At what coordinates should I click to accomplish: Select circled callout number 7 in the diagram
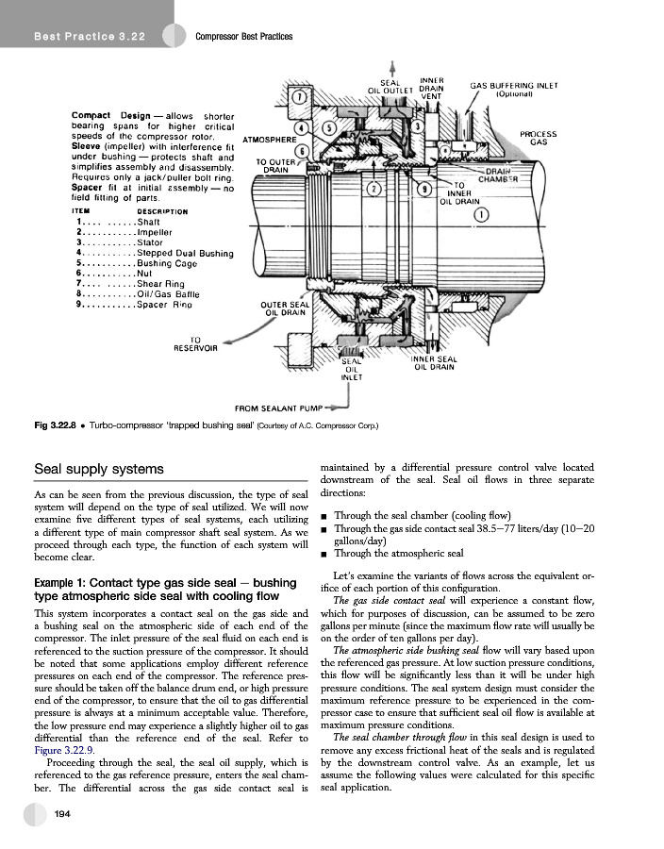[x=298, y=97]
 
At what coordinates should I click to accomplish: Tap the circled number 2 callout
[x=374, y=189]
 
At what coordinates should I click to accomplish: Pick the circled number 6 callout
[x=301, y=151]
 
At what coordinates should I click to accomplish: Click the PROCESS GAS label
[x=539, y=138]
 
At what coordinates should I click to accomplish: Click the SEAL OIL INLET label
[x=351, y=369]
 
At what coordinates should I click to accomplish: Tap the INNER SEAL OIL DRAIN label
[x=434, y=363]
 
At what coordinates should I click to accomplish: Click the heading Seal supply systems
[x=99, y=469]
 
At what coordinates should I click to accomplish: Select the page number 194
[x=62, y=813]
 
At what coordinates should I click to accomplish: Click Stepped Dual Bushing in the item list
[x=185, y=253]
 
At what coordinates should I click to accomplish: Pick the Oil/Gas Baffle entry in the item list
[x=169, y=294]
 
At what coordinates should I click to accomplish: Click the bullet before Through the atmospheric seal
[x=324, y=554]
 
